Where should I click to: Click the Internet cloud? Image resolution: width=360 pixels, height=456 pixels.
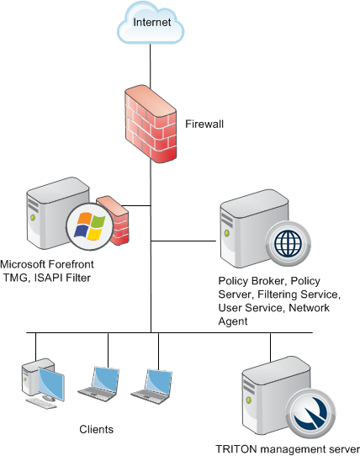point(151,23)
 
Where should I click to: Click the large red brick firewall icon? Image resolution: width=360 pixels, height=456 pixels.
point(151,124)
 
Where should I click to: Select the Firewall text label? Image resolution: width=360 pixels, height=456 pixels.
point(204,125)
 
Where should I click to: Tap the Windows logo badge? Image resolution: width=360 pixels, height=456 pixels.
point(90,226)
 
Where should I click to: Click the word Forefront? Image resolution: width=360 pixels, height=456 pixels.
point(71,264)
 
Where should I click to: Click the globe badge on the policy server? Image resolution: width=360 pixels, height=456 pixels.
point(289,243)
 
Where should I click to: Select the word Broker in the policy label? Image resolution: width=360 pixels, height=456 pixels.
point(267,281)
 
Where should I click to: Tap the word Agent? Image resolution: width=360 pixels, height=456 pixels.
point(233,321)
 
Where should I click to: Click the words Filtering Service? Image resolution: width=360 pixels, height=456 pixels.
point(299,294)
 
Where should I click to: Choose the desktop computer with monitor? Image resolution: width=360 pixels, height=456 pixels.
point(42,380)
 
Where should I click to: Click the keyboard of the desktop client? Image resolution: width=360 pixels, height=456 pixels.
point(41,404)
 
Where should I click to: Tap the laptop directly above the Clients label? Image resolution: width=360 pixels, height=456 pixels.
point(99,384)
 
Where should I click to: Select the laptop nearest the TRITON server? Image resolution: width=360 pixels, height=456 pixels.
point(151,386)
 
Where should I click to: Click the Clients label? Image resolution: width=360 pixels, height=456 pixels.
point(96,430)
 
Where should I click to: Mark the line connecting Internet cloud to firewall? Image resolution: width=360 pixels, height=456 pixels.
point(151,66)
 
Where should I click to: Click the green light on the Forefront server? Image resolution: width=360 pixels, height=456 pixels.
point(33,217)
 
